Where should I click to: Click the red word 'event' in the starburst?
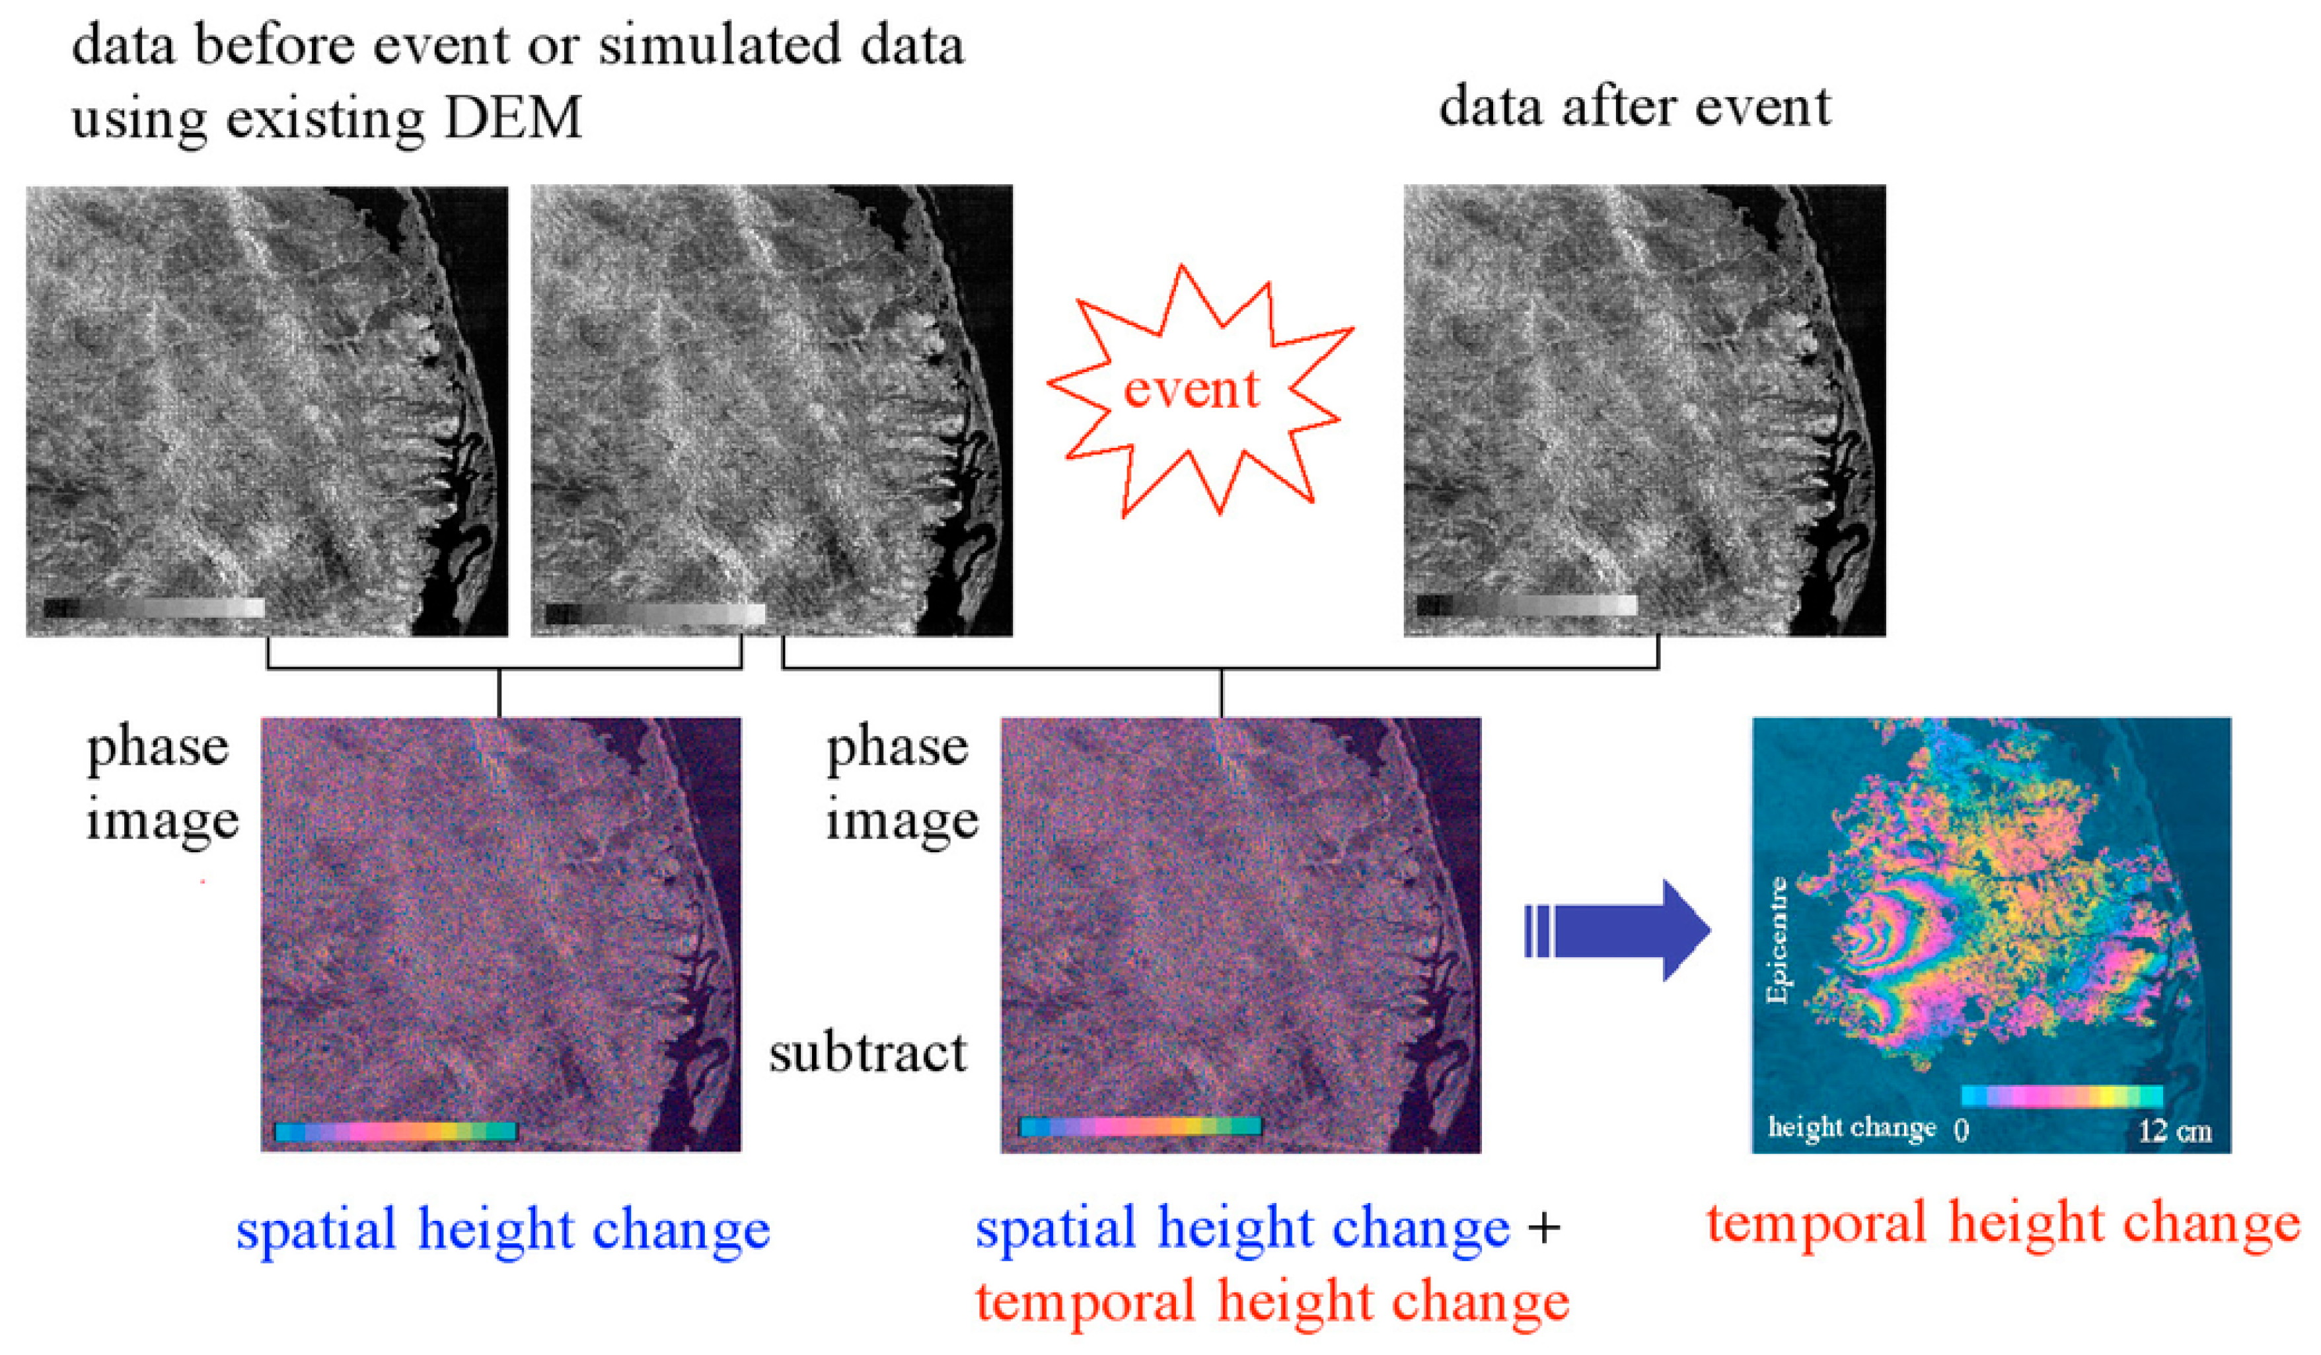coord(1191,390)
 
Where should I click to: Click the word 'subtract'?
coord(867,1053)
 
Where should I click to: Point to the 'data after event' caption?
coord(1635,108)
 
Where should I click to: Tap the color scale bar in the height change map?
coord(2061,1095)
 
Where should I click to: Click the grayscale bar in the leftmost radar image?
coord(154,608)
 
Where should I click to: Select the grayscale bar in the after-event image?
coord(1526,605)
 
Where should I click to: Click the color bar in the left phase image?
coord(396,1130)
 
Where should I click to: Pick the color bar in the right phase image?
coord(1140,1126)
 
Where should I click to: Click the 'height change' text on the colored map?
coord(1851,1128)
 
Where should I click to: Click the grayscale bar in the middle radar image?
coord(655,614)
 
